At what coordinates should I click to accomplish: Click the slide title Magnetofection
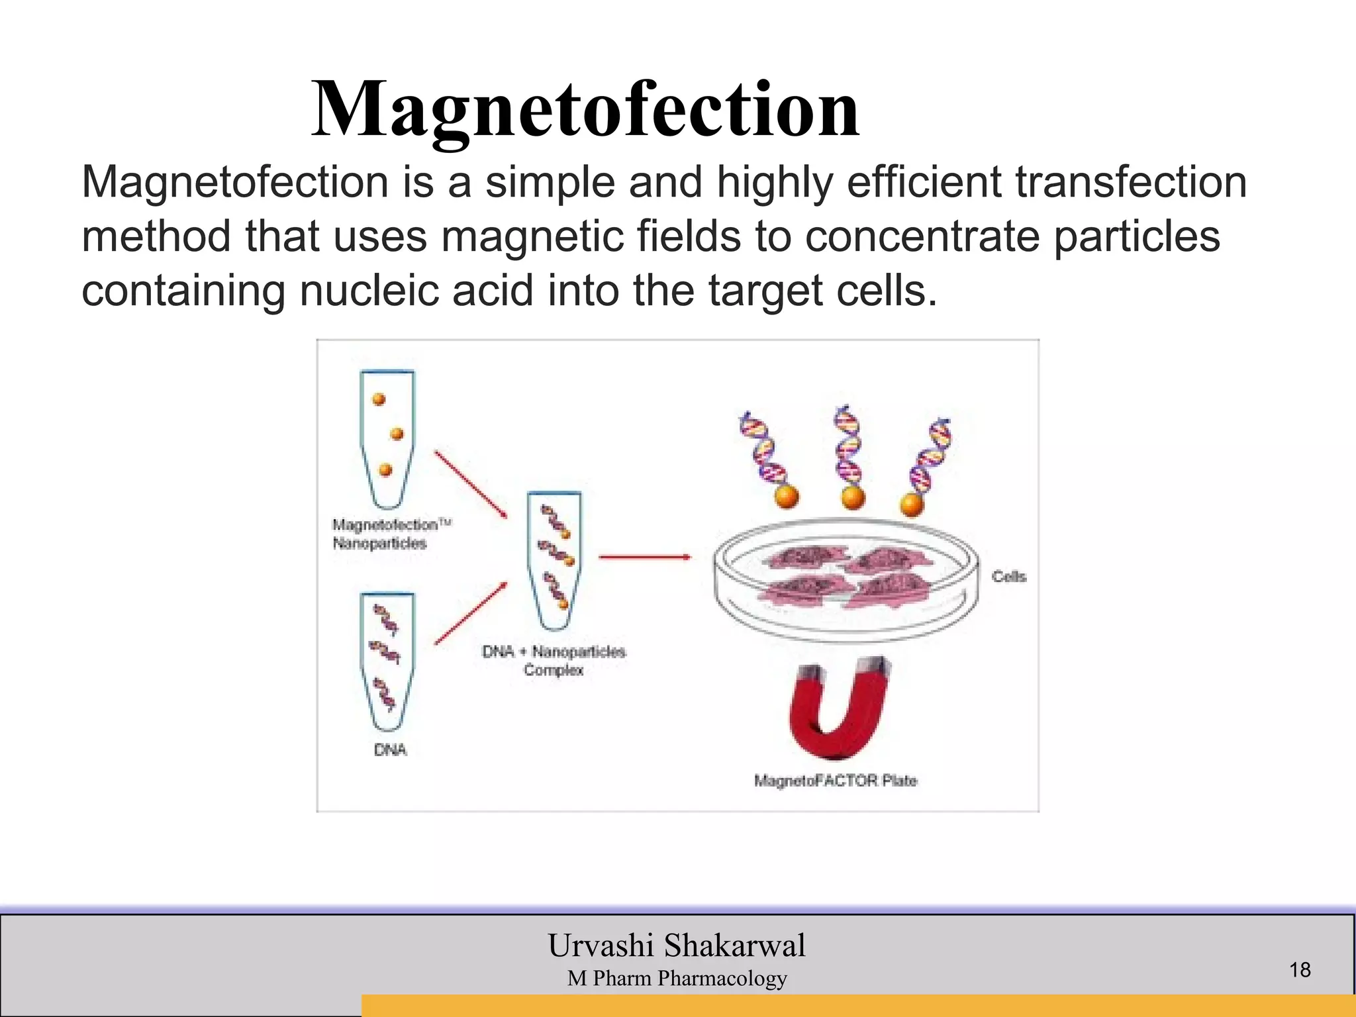point(585,109)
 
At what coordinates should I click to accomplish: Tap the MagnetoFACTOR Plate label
point(836,781)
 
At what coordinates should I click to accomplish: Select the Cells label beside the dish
point(1008,577)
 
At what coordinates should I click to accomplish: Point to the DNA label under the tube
point(390,750)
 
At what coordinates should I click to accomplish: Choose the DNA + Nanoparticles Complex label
point(554,660)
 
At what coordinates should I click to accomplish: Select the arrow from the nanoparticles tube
point(470,484)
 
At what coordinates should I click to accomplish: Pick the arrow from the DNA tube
point(470,613)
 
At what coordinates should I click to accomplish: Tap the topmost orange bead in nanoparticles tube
point(379,399)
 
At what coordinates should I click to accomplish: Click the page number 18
point(1300,970)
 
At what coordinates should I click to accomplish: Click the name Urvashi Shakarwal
point(676,945)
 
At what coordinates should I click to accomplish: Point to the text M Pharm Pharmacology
point(676,978)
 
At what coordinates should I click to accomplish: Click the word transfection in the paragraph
point(1131,182)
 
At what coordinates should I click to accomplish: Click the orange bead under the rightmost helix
point(912,505)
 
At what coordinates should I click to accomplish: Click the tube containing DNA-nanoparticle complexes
point(554,559)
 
